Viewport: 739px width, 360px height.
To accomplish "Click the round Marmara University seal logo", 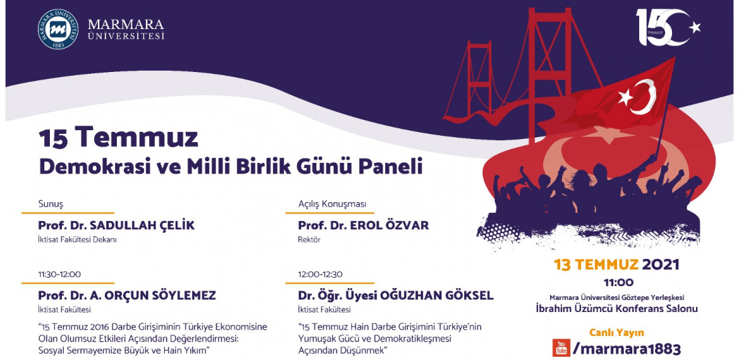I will point(59,30).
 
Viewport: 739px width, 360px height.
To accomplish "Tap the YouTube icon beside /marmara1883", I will point(561,347).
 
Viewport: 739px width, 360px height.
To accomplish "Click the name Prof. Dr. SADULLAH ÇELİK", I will point(116,225).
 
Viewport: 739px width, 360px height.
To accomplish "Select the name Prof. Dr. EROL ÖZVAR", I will point(363,225).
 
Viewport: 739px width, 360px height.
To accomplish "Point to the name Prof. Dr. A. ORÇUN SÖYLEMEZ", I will point(127,295).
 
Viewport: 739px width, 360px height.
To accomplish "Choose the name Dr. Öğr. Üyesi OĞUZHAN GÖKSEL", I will point(396,295).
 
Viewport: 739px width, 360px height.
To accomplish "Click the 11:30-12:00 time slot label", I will point(59,274).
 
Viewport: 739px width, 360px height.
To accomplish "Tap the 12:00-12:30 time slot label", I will point(320,274).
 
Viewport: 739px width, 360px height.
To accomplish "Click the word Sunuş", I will point(51,204).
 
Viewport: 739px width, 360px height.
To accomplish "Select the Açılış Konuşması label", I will point(332,204).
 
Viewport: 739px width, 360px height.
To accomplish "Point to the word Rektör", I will point(309,240).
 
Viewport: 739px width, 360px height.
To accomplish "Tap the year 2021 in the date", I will point(661,265).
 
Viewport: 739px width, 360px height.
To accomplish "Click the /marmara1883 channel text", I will point(627,348).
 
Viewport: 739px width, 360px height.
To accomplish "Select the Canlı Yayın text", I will point(616,332).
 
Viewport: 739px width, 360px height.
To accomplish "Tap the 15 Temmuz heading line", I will point(118,137).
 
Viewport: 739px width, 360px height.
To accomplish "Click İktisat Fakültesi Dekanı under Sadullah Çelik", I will point(77,240).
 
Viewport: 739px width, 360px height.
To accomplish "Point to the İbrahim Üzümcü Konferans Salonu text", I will point(616,309).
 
